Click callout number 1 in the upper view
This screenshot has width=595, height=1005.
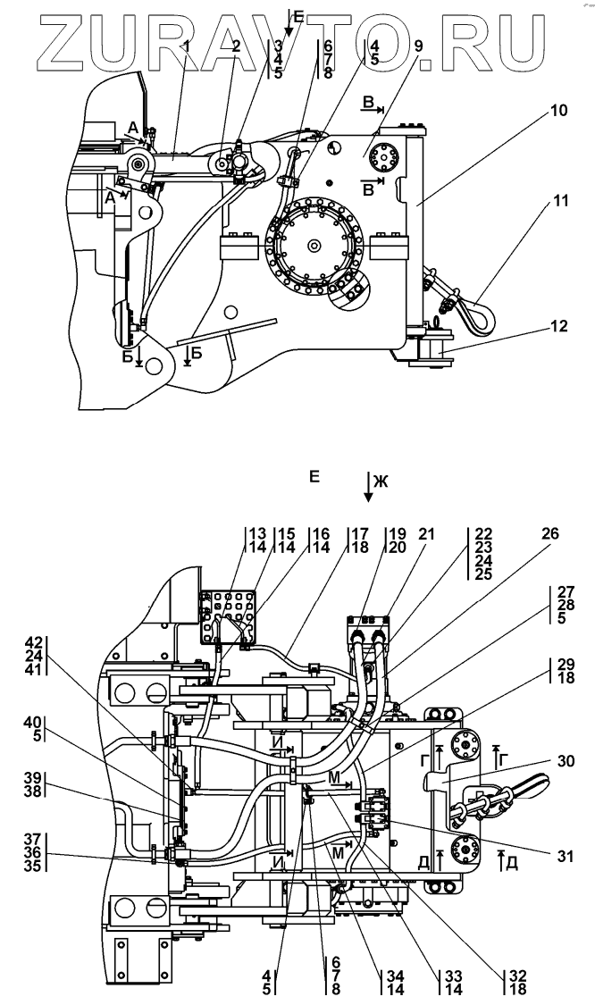point(188,46)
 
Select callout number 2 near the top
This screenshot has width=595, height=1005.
point(237,46)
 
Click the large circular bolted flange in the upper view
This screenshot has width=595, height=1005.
point(314,245)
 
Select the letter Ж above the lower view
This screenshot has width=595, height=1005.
point(381,482)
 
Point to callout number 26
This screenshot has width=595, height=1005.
point(550,534)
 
